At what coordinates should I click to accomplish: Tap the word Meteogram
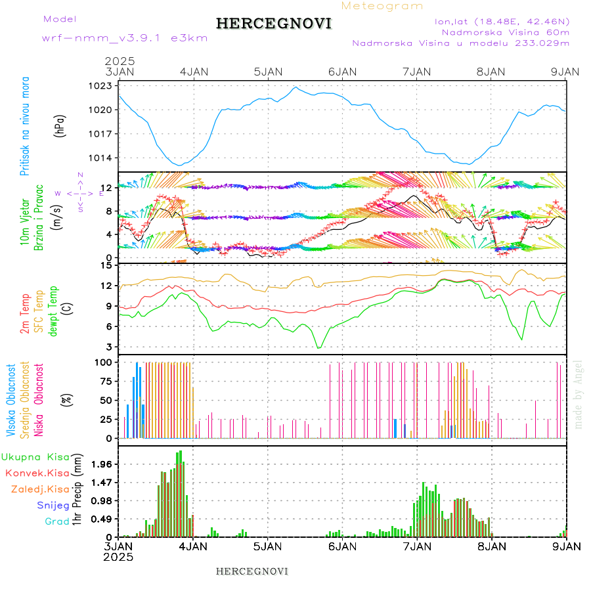point(382,6)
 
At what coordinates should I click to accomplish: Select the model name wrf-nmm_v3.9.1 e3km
point(125,37)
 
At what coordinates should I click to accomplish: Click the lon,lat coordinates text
point(502,21)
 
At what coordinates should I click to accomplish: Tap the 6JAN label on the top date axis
point(342,72)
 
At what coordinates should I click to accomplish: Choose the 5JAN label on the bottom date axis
point(267,546)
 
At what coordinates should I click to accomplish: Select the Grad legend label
point(57,521)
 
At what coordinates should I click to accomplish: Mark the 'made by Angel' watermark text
point(579,394)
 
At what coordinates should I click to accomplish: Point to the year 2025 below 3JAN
point(118,556)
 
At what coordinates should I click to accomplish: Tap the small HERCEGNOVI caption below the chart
point(252,571)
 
